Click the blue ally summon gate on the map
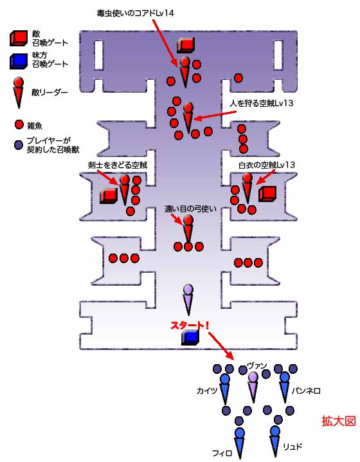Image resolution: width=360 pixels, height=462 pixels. pyautogui.click(x=190, y=337)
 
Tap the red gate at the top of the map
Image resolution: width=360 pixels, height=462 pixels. pyautogui.click(x=186, y=45)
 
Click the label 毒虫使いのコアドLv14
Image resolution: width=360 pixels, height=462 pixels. pyautogui.click(x=136, y=13)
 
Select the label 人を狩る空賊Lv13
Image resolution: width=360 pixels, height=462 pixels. pyautogui.click(x=262, y=103)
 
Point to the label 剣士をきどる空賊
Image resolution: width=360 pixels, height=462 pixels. pyautogui.click(x=118, y=165)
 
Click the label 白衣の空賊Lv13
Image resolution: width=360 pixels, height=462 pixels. pyautogui.click(x=267, y=165)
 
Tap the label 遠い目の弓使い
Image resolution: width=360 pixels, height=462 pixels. pyautogui.click(x=190, y=209)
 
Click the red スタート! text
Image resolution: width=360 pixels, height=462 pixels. pyautogui.click(x=190, y=326)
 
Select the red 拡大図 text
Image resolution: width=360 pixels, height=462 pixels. pyautogui.click(x=339, y=421)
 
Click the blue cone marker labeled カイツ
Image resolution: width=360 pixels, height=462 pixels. pyautogui.click(x=225, y=389)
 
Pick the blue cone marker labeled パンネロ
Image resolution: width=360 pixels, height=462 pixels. pyautogui.click(x=285, y=387)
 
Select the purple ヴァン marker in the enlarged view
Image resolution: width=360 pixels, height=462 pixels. pyautogui.click(x=253, y=387)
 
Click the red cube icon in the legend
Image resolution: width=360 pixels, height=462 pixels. pyautogui.click(x=19, y=39)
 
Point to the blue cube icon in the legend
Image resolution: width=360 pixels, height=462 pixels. pyautogui.click(x=19, y=61)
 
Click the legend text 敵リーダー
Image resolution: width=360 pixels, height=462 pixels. pyautogui.click(x=50, y=93)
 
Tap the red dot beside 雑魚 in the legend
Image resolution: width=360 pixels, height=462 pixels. pyautogui.click(x=19, y=125)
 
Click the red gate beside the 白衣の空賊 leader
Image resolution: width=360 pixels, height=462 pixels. pyautogui.click(x=267, y=194)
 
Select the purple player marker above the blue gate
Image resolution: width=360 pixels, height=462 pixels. pyautogui.click(x=188, y=300)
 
